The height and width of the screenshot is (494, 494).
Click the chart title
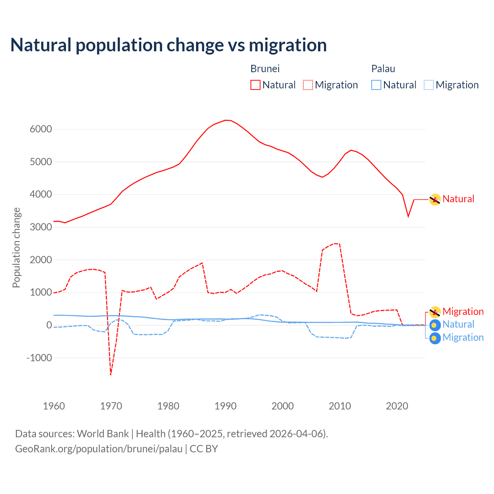click(x=168, y=45)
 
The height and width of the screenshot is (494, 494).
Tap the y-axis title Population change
click(x=16, y=247)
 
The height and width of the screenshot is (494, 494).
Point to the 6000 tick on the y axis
click(x=41, y=129)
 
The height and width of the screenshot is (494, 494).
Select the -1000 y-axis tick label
click(x=39, y=358)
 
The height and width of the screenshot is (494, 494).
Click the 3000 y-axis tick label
click(x=41, y=227)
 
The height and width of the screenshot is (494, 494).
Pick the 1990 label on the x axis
click(x=225, y=406)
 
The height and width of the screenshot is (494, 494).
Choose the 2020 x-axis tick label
click(x=397, y=406)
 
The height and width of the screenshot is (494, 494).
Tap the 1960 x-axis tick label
click(x=54, y=406)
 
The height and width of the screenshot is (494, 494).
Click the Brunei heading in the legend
click(x=265, y=69)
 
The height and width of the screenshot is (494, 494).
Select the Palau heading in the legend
click(x=383, y=69)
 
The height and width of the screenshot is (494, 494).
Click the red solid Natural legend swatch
click(x=255, y=85)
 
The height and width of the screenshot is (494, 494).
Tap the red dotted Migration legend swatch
click(x=308, y=85)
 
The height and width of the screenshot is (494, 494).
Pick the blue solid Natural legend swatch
click(x=376, y=85)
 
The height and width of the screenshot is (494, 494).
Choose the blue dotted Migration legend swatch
click(x=429, y=85)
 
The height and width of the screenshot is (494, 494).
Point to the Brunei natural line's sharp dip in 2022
click(x=408, y=217)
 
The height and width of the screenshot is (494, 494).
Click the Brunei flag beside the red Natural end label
click(x=435, y=200)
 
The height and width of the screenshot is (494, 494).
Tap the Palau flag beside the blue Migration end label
click(x=435, y=338)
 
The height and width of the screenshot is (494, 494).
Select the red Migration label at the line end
click(x=463, y=311)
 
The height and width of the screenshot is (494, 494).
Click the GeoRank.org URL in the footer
click(x=99, y=449)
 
